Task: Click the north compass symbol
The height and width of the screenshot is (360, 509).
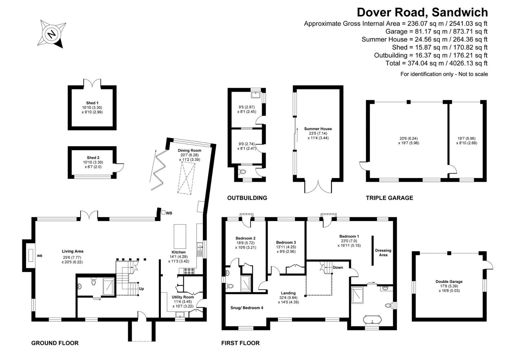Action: [x=52, y=34]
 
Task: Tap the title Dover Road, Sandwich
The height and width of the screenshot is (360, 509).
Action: [x=422, y=12]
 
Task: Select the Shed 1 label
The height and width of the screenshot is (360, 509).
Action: [x=92, y=103]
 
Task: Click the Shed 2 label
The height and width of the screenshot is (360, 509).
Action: [x=93, y=158]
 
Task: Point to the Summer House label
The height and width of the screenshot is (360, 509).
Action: [x=318, y=129]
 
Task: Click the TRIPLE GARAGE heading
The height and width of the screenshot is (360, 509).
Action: [x=389, y=198]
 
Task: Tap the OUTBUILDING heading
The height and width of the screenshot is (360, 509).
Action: [x=247, y=198]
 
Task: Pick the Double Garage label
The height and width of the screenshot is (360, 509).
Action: [x=449, y=282]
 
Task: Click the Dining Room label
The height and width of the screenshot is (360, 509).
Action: [x=189, y=150]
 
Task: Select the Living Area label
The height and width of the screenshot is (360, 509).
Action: [x=73, y=251]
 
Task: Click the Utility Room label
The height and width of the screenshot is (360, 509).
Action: [x=183, y=297]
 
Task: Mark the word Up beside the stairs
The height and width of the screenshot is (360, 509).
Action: [x=141, y=289]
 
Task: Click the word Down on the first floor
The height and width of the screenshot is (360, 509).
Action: [x=338, y=267]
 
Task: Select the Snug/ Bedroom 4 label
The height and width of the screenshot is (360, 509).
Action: [x=247, y=308]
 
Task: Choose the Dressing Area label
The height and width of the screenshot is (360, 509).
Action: [x=383, y=253]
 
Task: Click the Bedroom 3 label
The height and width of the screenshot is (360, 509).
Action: [x=286, y=242]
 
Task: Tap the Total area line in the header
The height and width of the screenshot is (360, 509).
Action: [x=436, y=63]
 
